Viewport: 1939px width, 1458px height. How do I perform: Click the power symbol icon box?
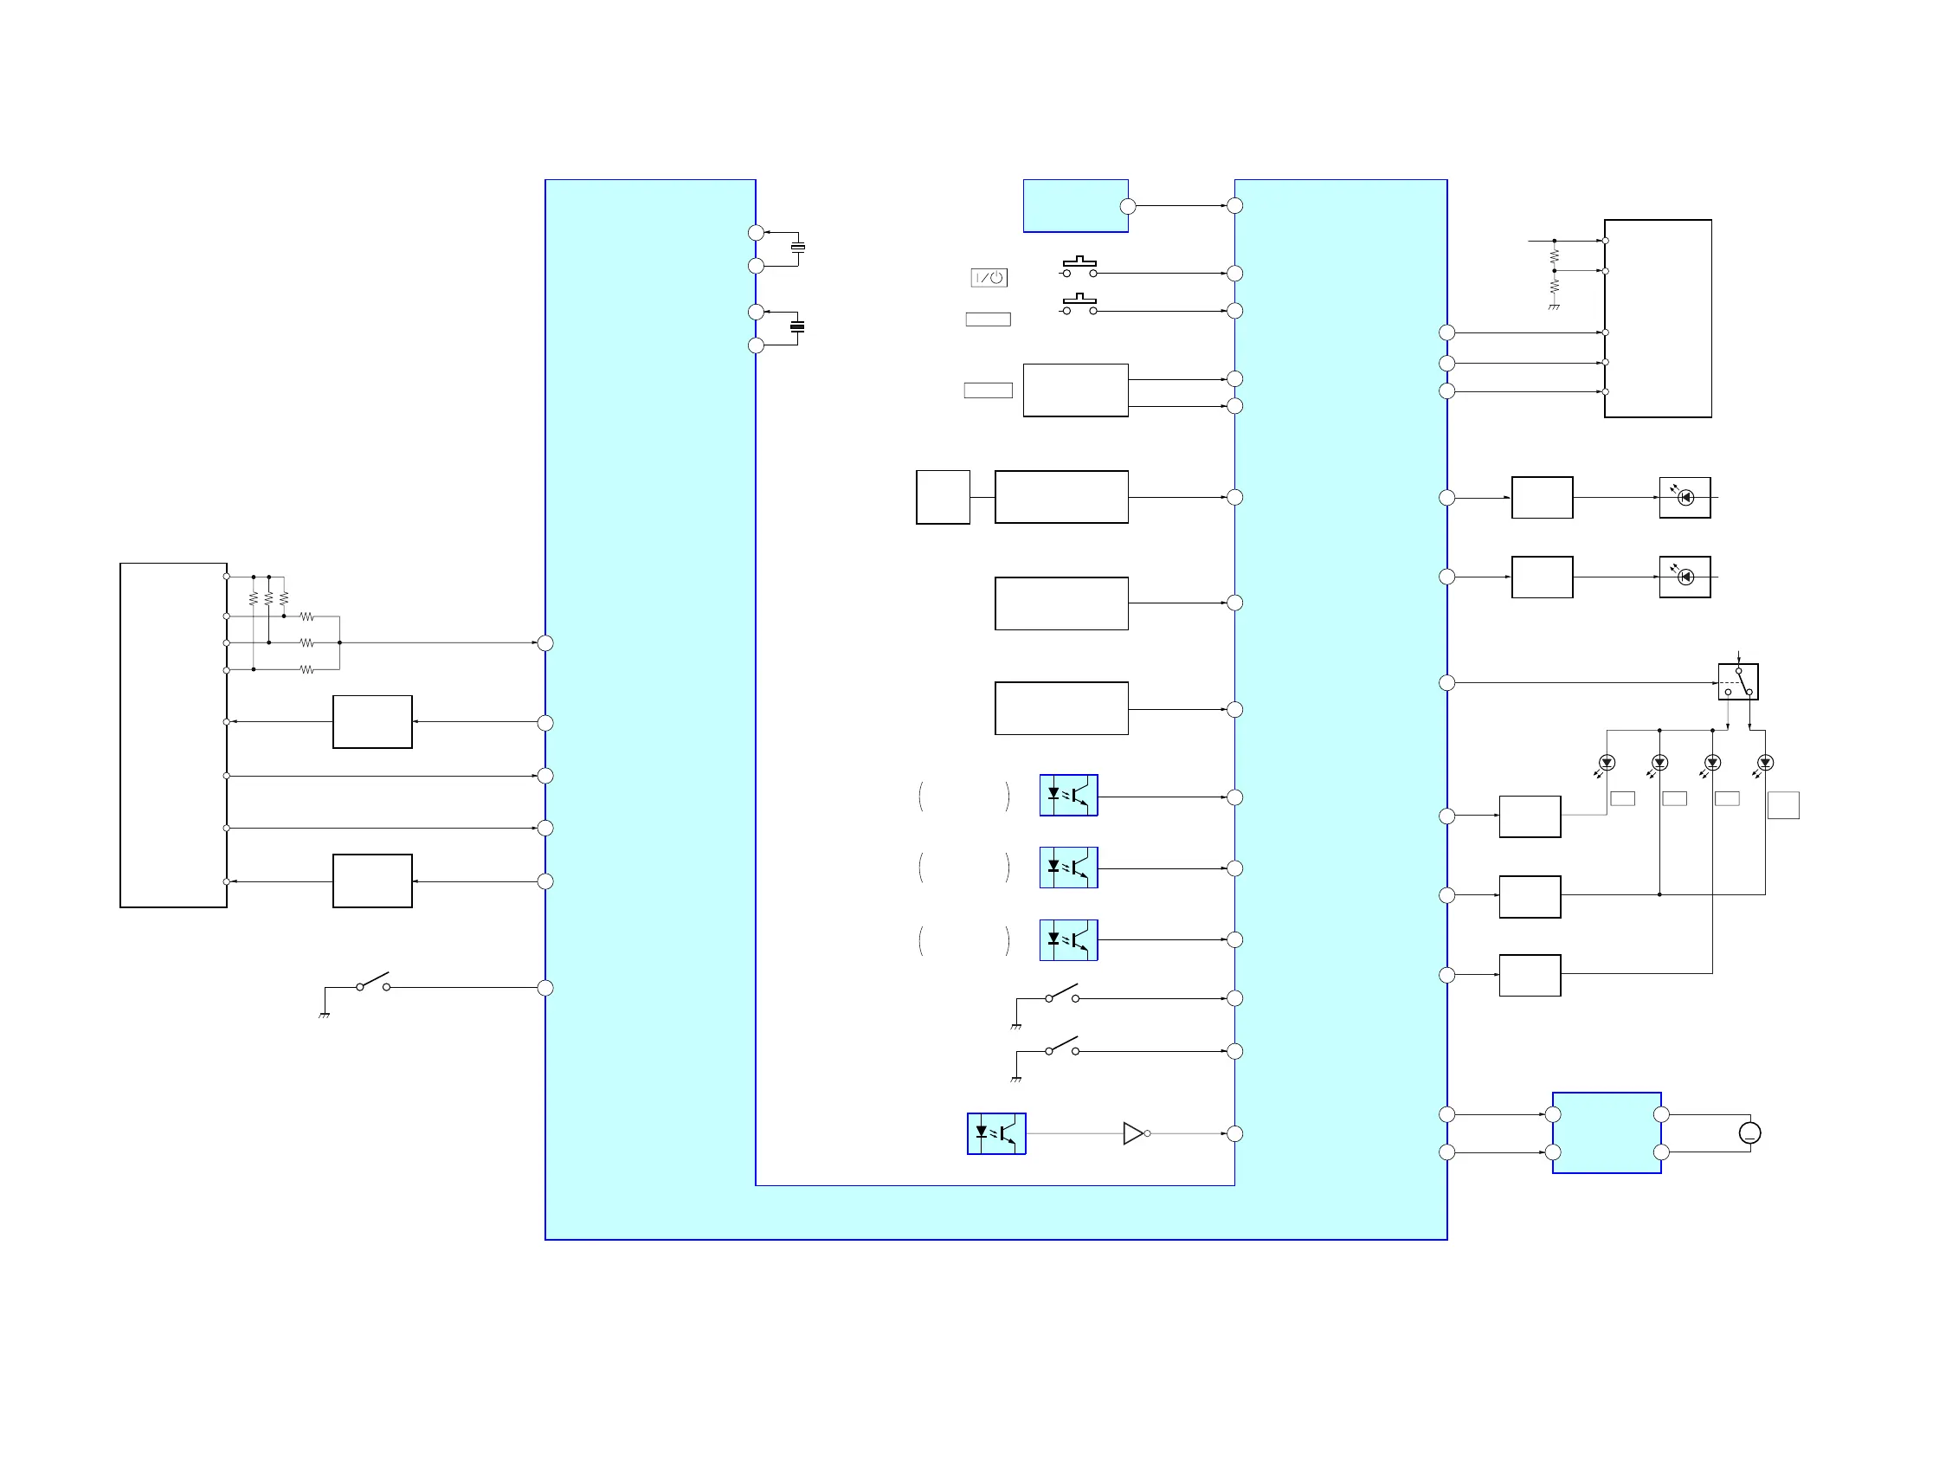[989, 278]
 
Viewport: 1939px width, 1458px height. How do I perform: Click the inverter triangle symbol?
[1133, 1133]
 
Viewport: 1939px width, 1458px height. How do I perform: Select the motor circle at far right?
[1749, 1132]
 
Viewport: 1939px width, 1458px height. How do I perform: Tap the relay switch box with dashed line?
[1737, 681]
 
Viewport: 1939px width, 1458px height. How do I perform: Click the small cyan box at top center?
[1076, 206]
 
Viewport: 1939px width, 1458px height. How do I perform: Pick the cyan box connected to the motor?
[1606, 1132]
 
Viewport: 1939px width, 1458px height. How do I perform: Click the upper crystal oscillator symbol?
[798, 248]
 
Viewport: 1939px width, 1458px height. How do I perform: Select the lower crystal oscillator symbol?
[798, 327]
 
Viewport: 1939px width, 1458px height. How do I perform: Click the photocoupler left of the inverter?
[995, 1133]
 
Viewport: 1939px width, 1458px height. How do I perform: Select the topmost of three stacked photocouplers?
[1068, 795]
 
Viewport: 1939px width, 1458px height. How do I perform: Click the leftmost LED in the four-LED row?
[1607, 763]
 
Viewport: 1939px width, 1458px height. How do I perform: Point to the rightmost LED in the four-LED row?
[1765, 763]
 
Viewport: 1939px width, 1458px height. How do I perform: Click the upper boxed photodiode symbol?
[1685, 497]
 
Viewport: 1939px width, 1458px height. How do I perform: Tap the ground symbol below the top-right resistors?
[1554, 306]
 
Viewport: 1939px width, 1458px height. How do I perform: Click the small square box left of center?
[943, 497]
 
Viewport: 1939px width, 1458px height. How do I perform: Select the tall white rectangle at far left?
[174, 735]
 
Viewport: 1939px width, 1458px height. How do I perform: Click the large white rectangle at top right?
[1658, 319]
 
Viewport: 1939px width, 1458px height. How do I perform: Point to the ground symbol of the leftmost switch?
[325, 1016]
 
